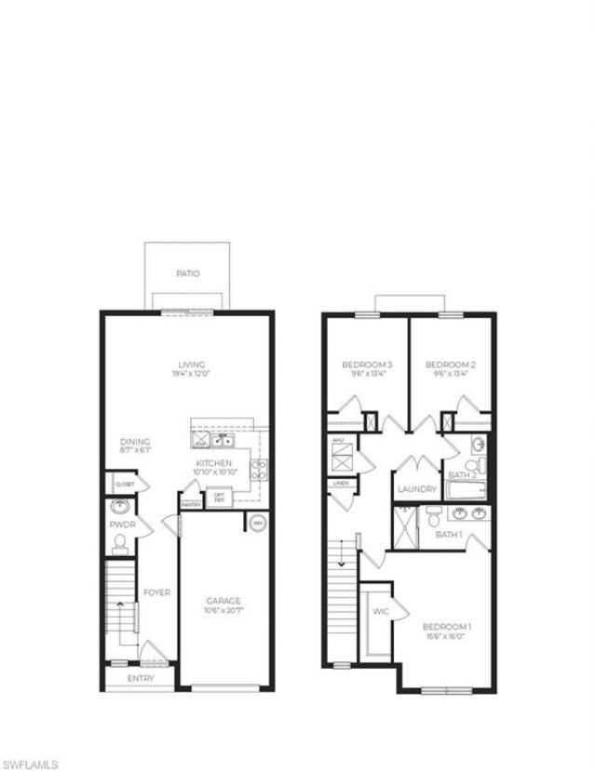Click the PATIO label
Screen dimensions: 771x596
coord(188,273)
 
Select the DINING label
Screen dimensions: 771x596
coord(135,442)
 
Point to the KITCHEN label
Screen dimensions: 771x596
coord(213,462)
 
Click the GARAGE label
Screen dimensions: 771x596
coord(223,601)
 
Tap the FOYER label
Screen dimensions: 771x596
coord(156,592)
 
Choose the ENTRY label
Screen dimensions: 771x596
coord(141,679)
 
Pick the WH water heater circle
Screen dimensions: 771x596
coord(258,523)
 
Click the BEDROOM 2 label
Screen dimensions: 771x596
coord(450,365)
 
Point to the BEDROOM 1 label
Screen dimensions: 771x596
coord(447,627)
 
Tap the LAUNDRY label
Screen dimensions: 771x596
coord(416,490)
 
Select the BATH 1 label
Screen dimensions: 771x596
coord(450,535)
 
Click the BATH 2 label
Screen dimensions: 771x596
coord(463,475)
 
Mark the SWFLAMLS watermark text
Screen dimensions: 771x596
coord(31,764)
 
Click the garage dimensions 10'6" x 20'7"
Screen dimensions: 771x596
coord(223,611)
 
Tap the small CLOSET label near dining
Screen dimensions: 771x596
coord(125,485)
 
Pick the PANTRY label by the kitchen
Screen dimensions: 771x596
coord(191,505)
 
